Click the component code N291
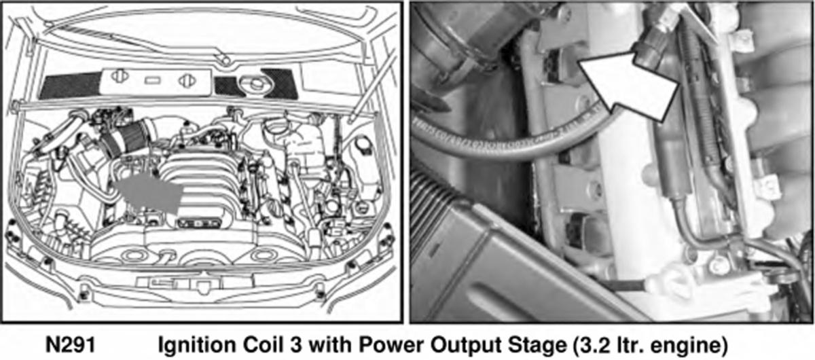(x=71, y=344)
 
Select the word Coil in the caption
(x=265, y=344)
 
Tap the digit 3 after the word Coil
(x=296, y=345)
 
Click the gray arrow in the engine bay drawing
(x=149, y=193)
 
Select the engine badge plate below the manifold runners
(x=199, y=222)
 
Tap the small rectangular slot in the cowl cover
(x=152, y=80)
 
